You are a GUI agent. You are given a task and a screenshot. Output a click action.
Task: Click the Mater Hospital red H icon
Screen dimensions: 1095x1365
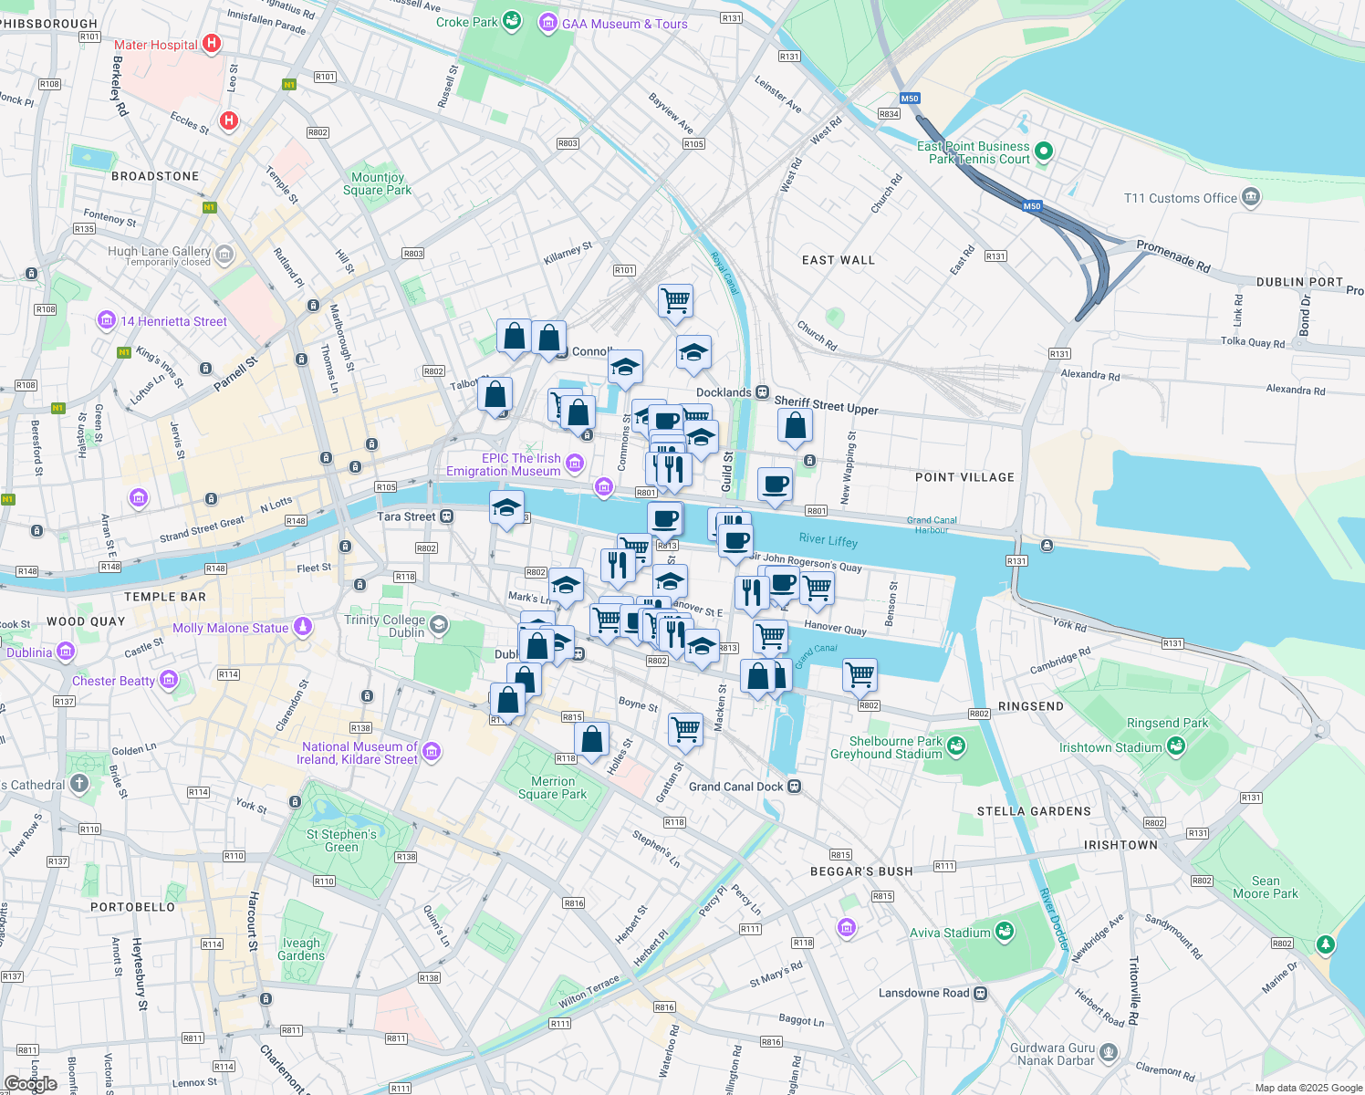(x=212, y=43)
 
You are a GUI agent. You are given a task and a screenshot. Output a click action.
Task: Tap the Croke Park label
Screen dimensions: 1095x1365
(x=466, y=22)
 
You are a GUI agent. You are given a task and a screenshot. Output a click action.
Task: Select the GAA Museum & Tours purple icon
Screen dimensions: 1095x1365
(x=547, y=23)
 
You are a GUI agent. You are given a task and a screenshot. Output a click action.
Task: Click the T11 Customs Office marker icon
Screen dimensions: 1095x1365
(x=1251, y=197)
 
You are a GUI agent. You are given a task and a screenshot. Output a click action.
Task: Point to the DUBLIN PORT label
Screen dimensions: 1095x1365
(x=1299, y=282)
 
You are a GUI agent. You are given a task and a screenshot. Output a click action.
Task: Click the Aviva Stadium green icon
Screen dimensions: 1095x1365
(x=1005, y=932)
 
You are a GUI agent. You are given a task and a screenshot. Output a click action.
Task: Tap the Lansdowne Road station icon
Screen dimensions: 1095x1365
(x=980, y=993)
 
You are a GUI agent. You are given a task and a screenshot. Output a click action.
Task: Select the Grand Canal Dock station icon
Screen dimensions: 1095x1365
(x=794, y=786)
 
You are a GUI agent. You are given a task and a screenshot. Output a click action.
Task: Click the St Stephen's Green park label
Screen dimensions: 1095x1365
(x=341, y=840)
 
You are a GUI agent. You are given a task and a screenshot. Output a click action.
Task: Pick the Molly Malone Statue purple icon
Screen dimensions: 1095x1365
(x=303, y=627)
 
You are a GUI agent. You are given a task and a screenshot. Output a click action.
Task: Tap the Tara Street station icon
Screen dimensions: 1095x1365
(x=446, y=516)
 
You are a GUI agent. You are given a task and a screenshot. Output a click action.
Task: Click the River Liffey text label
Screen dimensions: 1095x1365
(x=828, y=540)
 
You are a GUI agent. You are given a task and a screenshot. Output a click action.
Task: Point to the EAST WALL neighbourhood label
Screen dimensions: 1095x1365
(x=838, y=260)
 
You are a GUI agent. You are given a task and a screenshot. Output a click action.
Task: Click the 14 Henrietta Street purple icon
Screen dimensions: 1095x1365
(x=107, y=320)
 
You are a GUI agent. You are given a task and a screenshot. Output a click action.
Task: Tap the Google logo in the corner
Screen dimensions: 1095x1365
(x=30, y=1084)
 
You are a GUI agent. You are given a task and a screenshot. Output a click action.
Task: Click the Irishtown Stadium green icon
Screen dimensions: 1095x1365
(x=1176, y=746)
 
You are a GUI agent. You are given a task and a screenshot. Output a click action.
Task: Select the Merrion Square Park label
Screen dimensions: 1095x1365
(x=552, y=787)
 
